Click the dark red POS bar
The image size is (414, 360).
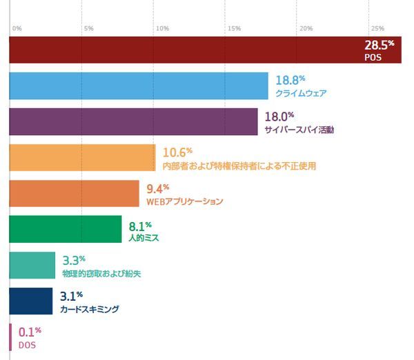[x=186, y=50]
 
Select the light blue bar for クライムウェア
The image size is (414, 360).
[x=138, y=86]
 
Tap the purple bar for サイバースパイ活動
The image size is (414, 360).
[x=133, y=121]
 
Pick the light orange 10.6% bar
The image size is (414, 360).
[x=82, y=157]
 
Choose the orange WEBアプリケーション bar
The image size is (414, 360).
[x=74, y=193]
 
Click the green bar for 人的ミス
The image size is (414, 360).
[x=66, y=229]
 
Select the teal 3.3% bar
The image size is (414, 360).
[x=32, y=265]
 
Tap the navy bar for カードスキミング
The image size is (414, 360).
[x=31, y=301]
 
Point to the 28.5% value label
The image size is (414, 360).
[x=379, y=45]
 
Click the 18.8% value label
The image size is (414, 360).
[x=290, y=80]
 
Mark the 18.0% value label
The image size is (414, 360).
[x=279, y=117]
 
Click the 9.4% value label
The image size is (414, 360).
[x=157, y=188]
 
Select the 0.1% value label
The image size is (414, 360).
[x=30, y=332]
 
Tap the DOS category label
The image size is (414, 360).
[x=27, y=344]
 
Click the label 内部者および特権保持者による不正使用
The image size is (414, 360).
[x=239, y=166]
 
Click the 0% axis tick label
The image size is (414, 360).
[x=17, y=28]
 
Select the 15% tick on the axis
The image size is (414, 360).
[x=233, y=28]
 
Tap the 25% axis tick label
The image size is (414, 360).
[x=377, y=28]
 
